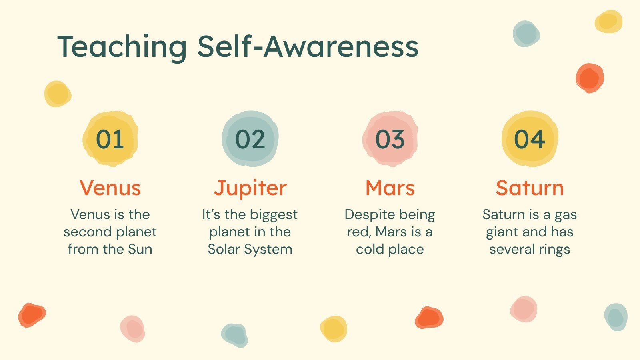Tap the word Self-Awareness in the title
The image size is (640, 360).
pos(308,46)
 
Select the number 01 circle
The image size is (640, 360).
pos(110,139)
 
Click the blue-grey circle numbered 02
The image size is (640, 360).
pos(250,139)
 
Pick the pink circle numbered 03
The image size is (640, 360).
pos(390,139)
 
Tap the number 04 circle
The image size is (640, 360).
pos(530,139)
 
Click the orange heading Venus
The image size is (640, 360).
pos(110,188)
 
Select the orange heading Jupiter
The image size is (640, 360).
pos(250,188)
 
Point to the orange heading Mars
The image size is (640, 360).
pos(390,188)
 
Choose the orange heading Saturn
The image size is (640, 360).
pos(530,188)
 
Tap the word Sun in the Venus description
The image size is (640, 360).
pos(140,249)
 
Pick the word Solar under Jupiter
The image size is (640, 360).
pos(224,249)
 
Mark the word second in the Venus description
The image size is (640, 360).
pos(88,232)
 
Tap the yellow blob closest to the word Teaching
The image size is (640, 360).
pos(58,94)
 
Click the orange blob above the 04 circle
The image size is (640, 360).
pos(590,78)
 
